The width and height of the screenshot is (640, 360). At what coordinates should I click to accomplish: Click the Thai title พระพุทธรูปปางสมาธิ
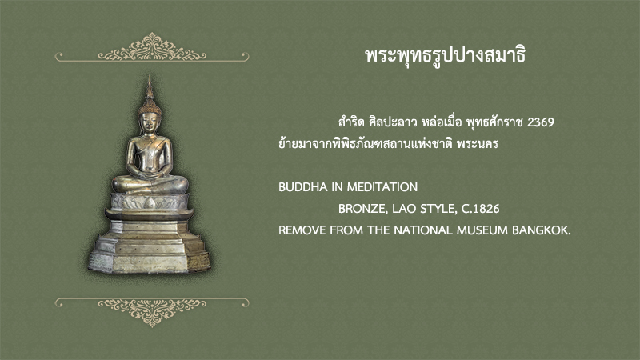click(446, 56)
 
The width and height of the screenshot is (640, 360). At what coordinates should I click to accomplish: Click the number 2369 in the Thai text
click(541, 122)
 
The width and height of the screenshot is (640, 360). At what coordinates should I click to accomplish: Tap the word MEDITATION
click(382, 187)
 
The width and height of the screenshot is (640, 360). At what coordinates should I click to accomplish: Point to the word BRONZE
click(362, 210)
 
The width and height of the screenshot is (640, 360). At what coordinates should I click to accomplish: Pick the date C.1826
click(481, 209)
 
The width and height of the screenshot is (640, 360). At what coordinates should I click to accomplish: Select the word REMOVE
click(302, 230)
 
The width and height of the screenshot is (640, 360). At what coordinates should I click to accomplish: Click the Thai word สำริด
click(351, 122)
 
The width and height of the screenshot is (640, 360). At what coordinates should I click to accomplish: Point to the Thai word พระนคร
click(478, 144)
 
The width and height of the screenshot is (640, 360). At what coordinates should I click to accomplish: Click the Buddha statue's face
click(150, 123)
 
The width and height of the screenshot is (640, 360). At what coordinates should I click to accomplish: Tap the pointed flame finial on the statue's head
click(150, 87)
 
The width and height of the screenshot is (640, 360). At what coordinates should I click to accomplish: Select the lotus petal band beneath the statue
click(150, 202)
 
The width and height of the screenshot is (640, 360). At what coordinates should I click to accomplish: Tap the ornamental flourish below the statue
click(152, 312)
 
